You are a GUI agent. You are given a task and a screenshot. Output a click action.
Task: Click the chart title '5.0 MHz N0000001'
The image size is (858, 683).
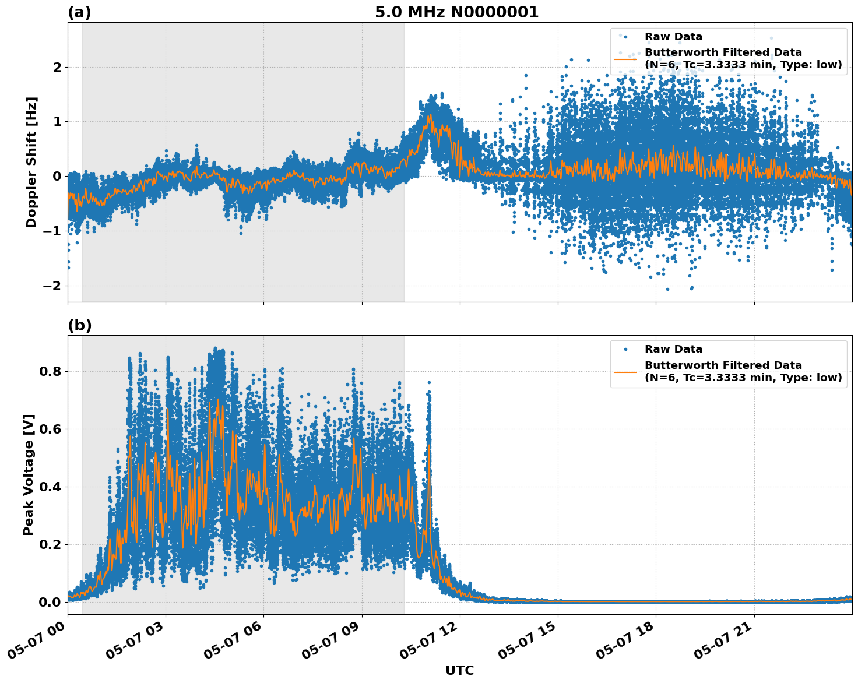pos(456,12)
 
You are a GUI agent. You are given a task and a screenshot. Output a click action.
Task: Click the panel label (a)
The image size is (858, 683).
pos(79,12)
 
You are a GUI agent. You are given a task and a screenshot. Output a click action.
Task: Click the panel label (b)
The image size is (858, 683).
pos(79,325)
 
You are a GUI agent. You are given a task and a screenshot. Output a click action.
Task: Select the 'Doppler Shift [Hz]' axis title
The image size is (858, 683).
pos(31,162)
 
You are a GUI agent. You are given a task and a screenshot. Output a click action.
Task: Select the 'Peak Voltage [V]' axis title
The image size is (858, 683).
pos(29,474)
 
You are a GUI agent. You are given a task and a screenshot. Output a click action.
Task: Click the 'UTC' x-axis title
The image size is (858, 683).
pos(459,670)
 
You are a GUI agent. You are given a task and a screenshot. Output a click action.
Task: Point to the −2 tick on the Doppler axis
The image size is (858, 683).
pos(52,286)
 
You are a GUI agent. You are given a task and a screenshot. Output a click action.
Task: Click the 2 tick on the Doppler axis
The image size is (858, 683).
pos(57,68)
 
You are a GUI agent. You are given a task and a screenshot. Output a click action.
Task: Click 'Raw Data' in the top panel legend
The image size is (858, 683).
pos(673,37)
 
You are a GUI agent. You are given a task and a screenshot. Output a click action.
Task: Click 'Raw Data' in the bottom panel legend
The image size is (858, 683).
pos(673,349)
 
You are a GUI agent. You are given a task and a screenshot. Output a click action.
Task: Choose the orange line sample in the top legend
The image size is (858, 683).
pos(625,59)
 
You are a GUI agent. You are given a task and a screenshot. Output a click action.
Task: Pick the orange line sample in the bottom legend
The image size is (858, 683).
pos(625,371)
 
